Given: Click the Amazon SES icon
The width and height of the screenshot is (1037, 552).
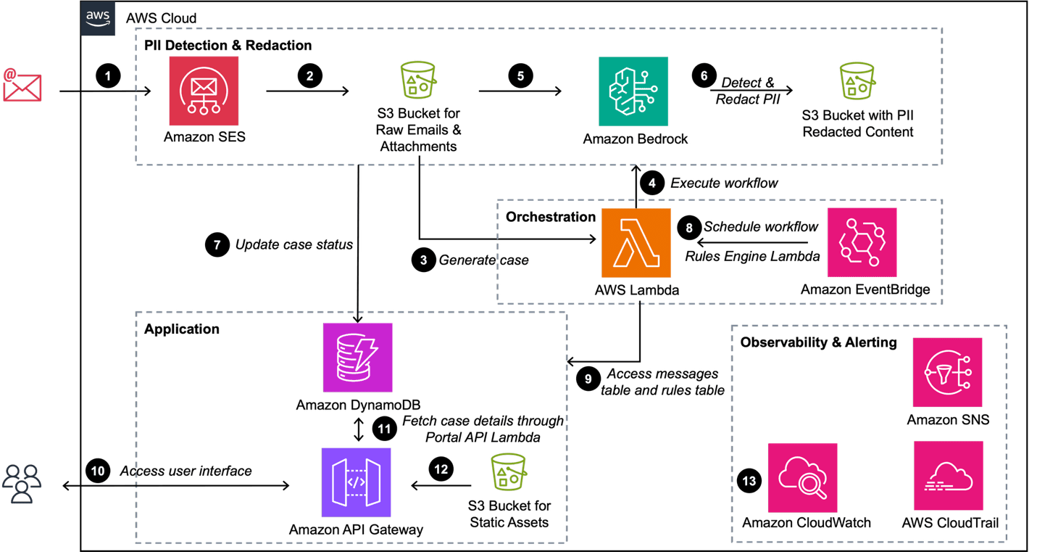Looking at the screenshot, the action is (204, 91).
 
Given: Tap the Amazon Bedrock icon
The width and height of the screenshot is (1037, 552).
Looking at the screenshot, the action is (633, 91).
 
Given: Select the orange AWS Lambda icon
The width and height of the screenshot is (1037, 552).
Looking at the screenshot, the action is (636, 243).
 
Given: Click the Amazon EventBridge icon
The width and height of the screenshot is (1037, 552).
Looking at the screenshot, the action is (862, 242).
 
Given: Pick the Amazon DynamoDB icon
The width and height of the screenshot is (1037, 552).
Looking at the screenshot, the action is (357, 358).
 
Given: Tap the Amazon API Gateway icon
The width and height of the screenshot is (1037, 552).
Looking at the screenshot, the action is (356, 482).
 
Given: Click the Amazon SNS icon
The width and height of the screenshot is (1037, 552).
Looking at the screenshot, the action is (948, 372).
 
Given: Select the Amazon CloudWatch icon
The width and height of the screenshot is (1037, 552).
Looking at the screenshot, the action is (803, 478).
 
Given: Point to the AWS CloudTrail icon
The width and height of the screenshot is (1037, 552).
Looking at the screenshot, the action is (949, 476).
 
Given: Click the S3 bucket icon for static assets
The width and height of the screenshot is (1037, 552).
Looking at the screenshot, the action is (508, 471).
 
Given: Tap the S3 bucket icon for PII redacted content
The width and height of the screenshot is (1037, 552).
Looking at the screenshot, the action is (857, 81).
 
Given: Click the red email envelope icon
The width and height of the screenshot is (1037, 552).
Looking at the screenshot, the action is (22, 85).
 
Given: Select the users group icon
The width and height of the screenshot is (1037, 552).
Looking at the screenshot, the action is (22, 484).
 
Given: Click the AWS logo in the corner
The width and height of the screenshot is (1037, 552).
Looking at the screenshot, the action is (98, 18).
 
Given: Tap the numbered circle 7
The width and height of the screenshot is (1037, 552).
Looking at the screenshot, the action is (217, 244).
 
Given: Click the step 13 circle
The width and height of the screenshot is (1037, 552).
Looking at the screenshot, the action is (749, 481).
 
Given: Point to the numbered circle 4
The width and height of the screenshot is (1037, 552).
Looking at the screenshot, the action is (652, 183).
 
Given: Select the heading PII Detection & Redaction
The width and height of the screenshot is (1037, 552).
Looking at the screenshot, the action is (228, 46).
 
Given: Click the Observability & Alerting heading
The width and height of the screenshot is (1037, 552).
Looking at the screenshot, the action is (818, 342).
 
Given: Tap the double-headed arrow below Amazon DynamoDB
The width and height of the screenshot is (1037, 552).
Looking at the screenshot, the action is (359, 429).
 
